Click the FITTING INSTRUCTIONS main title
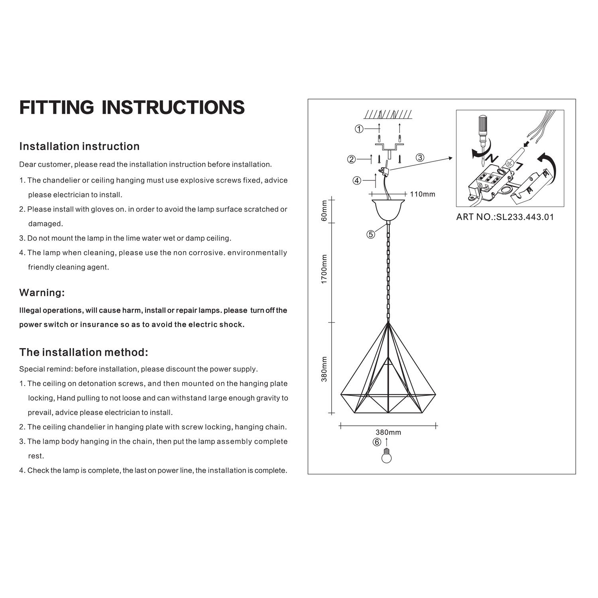[x=132, y=107]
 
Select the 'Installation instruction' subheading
[x=79, y=146]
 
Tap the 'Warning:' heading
[x=42, y=293]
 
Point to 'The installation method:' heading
[x=84, y=352]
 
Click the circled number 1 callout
[x=359, y=129]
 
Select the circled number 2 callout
[x=351, y=159]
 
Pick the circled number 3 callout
[x=420, y=157]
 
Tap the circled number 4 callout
[x=357, y=181]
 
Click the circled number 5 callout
[x=371, y=234]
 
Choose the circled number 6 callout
[x=377, y=442]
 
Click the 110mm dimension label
[x=423, y=194]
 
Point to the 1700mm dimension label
[x=324, y=269]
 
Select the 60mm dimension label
[x=324, y=211]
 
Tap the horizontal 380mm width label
[x=388, y=432]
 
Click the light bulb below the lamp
[x=386, y=456]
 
